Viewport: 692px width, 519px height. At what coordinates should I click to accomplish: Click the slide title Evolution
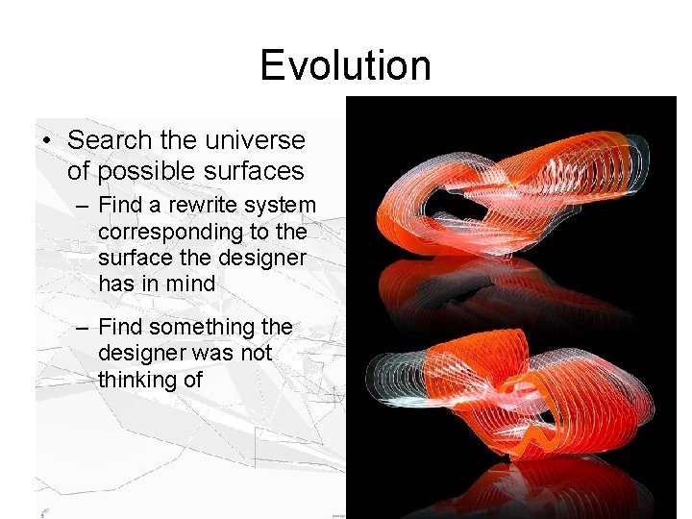[345, 65]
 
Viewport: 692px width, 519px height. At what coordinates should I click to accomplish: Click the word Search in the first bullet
[110, 140]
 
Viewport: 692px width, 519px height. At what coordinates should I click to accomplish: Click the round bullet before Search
[47, 141]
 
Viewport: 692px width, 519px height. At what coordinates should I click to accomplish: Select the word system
[280, 206]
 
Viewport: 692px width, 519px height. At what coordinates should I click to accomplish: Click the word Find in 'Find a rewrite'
[120, 206]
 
